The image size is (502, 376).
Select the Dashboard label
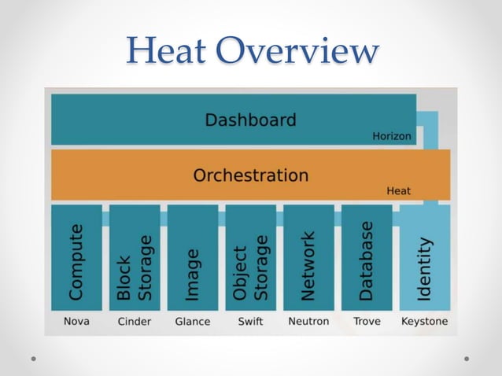click(250, 120)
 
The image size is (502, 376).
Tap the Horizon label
click(391, 136)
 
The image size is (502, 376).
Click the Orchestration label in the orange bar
click(250, 175)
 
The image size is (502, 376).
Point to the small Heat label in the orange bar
click(398, 190)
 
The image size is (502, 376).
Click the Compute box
click(76, 258)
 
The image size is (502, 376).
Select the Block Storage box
click(135, 258)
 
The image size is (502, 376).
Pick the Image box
click(193, 258)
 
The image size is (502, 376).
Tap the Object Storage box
click(250, 258)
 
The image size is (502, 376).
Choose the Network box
click(308, 258)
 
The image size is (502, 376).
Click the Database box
click(367, 258)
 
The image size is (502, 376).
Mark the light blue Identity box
click(425, 258)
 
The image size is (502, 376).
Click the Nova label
click(76, 321)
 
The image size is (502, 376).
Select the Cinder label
click(135, 321)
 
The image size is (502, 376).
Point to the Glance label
click(193, 321)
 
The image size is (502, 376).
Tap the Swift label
click(250, 321)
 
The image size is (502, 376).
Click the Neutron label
click(308, 321)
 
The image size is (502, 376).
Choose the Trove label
click(367, 321)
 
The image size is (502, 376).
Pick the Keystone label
click(425, 321)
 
